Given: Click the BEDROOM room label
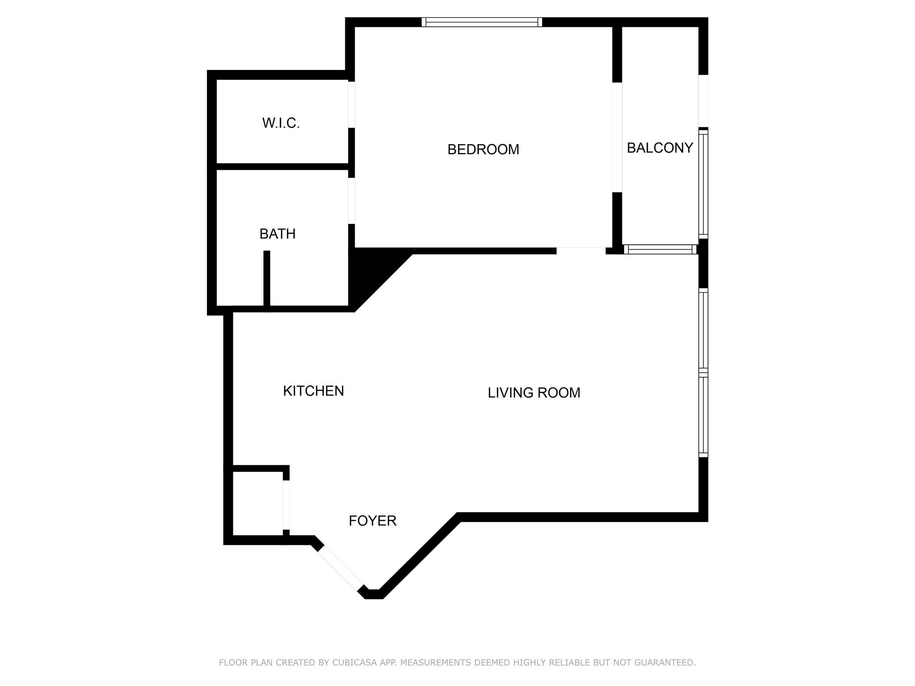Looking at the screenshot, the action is click(483, 149).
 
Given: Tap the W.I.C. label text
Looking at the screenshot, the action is click(281, 123).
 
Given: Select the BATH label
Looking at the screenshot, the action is click(277, 234).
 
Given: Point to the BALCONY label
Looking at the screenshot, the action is click(660, 147).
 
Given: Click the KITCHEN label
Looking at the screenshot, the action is click(313, 391).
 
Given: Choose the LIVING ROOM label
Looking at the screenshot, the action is click(534, 393).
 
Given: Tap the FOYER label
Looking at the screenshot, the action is click(373, 520).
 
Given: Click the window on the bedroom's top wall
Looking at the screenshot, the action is click(482, 22).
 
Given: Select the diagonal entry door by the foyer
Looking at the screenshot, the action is click(340, 569).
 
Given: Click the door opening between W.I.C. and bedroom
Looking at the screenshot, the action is click(352, 105).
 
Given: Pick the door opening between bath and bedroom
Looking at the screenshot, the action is click(352, 201).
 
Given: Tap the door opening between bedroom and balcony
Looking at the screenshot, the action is click(617, 137).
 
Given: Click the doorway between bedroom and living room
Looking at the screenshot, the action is click(581, 251).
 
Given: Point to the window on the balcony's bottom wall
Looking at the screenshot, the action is click(660, 249).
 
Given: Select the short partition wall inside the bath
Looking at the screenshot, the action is click(267, 279).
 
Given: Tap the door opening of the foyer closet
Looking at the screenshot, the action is click(286, 505).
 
